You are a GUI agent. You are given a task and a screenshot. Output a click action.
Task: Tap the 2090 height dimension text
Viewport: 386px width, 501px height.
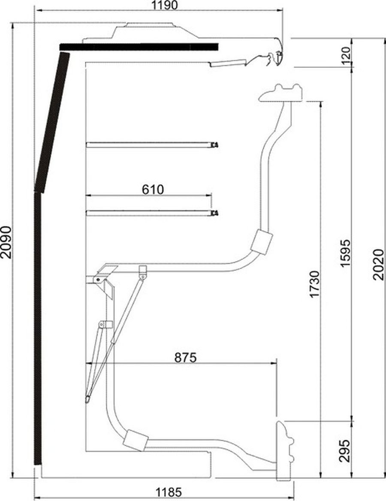pos(6,242)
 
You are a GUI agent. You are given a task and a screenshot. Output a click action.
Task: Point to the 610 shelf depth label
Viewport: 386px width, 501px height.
pos(153,189)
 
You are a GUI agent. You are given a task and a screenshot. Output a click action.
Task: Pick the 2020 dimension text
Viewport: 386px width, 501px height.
pos(379,264)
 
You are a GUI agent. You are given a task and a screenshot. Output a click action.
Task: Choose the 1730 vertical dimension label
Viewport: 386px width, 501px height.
pos(315,284)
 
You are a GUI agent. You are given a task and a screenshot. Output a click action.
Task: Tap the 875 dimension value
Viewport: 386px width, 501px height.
pos(185,357)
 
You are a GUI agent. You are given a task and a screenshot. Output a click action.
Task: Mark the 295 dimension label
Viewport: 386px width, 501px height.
pos(345,450)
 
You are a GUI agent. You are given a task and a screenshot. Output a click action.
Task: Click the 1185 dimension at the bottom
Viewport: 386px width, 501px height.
pos(169,492)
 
